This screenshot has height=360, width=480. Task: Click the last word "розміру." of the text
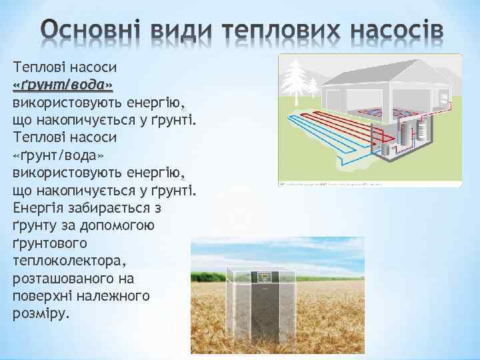40,312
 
